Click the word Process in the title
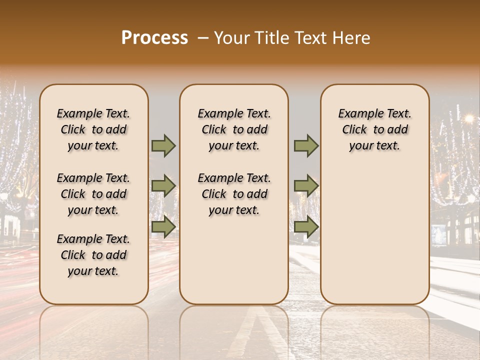(154, 38)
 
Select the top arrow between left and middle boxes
(163, 146)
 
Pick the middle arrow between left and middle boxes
(163, 186)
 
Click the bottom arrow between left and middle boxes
(163, 227)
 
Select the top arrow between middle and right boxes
(306, 146)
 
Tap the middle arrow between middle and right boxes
(306, 186)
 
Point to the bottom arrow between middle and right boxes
(306, 227)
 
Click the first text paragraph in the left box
(93, 129)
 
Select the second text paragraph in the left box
(93, 194)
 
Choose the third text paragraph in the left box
(93, 255)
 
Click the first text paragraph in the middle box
(234, 129)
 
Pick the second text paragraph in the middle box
(234, 194)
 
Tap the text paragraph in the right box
(374, 129)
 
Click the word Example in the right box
(357, 114)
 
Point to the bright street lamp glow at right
(469, 118)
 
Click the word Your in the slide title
(228, 38)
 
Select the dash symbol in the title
(203, 38)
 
